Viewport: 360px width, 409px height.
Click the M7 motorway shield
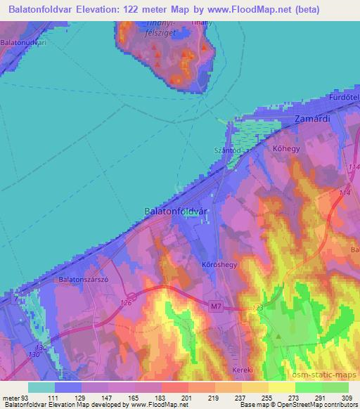click(x=215, y=306)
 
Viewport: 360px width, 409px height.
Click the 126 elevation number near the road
click(x=126, y=303)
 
